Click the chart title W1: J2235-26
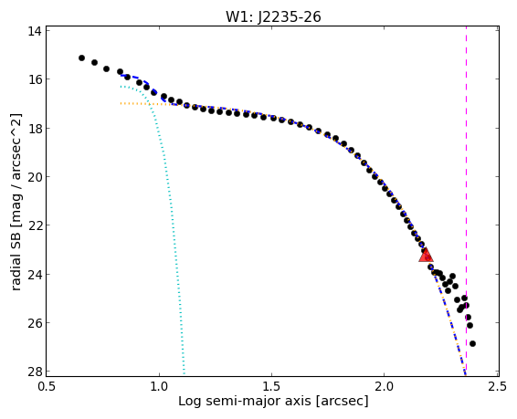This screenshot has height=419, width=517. click(x=273, y=16)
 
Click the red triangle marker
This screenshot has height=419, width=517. click(x=426, y=256)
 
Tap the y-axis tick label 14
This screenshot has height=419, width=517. click(x=35, y=31)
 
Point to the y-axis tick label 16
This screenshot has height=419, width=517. click(x=35, y=79)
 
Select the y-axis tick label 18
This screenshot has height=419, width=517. click(x=35, y=128)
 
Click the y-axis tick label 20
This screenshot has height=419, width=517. click(x=35, y=177)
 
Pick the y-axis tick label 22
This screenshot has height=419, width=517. click(x=35, y=225)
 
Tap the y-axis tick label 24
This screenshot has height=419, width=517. click(x=35, y=275)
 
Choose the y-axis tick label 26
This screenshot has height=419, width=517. click(x=35, y=323)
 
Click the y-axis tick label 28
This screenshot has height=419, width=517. click(x=35, y=372)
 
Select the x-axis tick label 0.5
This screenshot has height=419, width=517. click(x=47, y=386)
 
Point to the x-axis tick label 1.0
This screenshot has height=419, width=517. click(x=159, y=386)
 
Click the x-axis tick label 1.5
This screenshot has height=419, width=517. click(x=271, y=386)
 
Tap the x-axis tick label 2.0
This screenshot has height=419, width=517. click(x=385, y=386)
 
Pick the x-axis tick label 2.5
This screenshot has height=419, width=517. click(x=497, y=386)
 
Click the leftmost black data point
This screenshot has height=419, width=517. click(x=82, y=58)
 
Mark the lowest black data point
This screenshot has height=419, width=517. click(x=472, y=343)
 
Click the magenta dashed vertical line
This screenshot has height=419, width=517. click(x=466, y=201)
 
